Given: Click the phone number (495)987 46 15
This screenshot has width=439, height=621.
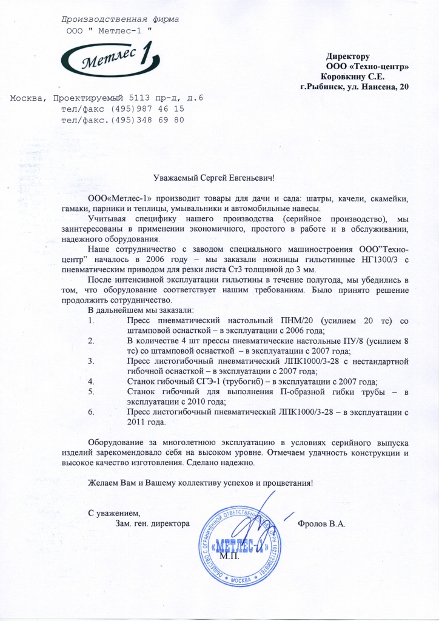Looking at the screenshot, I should click(147, 109).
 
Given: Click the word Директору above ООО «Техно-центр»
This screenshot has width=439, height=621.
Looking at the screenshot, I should click(347, 56).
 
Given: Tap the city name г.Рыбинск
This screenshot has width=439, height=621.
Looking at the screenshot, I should click(321, 87).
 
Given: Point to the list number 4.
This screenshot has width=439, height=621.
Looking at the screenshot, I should click(91, 381).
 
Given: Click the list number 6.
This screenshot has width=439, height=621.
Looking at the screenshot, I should click(91, 412).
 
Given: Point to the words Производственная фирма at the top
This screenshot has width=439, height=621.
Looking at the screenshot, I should click(121, 19).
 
